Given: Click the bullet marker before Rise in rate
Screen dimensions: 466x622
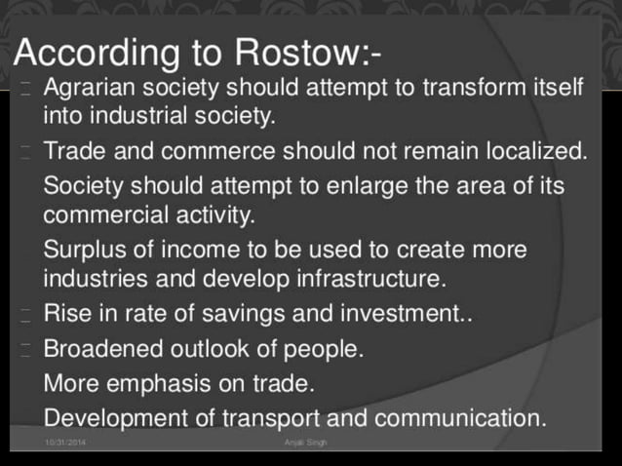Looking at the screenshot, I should (x=25, y=315).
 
